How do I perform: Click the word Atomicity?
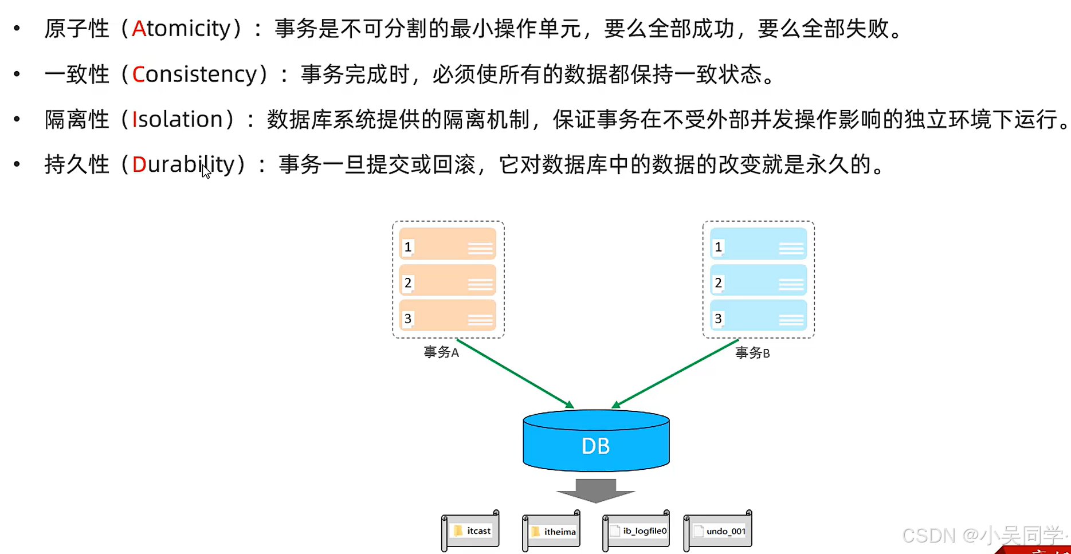coord(181,29)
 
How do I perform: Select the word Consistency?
coord(194,74)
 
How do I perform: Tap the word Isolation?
coord(177,120)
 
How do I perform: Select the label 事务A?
coord(441,352)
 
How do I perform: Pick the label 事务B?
coord(752,353)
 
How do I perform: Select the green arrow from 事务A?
coord(514,373)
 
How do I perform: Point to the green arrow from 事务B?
coord(676,374)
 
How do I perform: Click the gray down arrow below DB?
coord(596,490)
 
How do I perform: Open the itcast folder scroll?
coord(470,531)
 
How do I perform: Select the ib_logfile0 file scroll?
coord(637,531)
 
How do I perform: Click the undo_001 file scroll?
coord(718,531)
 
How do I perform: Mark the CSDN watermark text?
coord(983,536)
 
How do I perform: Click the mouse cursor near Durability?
coord(206,171)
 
